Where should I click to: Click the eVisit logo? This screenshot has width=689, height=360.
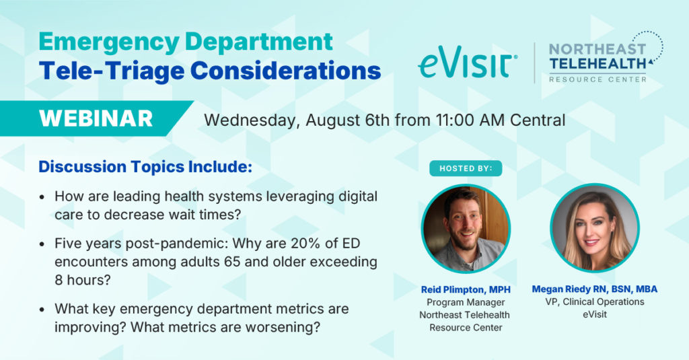click(468, 63)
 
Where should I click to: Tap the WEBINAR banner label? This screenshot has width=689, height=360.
click(96, 118)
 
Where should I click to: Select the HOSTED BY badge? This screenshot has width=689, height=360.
click(466, 168)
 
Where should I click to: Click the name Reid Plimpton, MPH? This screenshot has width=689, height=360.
click(466, 289)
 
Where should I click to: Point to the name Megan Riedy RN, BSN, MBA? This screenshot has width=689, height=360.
click(595, 289)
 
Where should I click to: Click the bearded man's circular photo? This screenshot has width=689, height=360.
click(466, 229)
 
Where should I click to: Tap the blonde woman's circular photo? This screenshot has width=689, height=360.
click(595, 228)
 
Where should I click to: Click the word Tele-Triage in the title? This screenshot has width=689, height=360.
click(111, 71)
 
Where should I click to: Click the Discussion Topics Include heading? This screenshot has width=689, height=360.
click(145, 167)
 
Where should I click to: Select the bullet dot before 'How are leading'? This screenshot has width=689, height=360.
click(42, 197)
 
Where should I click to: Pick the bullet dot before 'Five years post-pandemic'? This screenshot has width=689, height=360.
click(42, 244)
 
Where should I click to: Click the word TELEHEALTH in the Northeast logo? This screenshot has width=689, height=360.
click(597, 64)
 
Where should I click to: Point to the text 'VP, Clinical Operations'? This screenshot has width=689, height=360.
click(595, 302)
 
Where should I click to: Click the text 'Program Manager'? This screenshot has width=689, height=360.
click(466, 302)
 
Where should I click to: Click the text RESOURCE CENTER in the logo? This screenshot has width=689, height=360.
click(597, 79)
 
